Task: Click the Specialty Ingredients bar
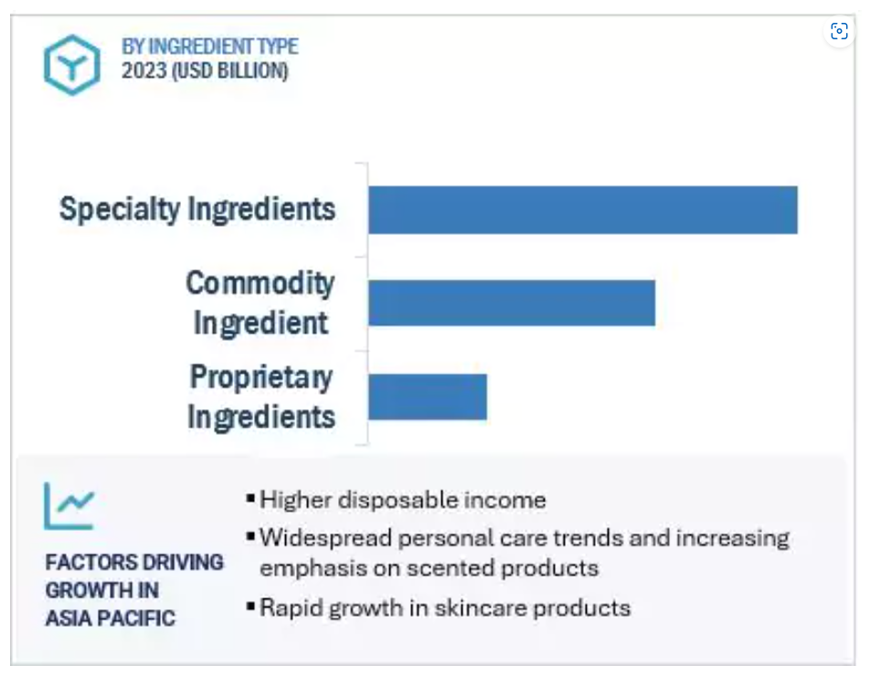tap(583, 209)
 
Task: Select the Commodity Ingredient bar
tap(512, 302)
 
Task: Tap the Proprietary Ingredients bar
tap(428, 396)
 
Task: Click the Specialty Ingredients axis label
tap(197, 209)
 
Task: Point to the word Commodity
tap(260, 284)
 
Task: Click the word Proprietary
tap(260, 378)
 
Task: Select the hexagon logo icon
tap(72, 65)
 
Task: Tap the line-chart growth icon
tap(69, 506)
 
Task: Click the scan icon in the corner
tap(839, 31)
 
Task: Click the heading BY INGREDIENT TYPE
tap(210, 47)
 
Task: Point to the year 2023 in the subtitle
tap(143, 71)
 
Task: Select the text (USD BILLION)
tap(229, 71)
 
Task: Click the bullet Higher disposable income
tap(403, 501)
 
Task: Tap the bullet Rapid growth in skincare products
tap(445, 608)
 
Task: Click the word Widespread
tap(325, 538)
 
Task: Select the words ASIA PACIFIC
tap(110, 618)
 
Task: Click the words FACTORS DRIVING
tap(134, 563)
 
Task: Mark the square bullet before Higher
tap(250, 498)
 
